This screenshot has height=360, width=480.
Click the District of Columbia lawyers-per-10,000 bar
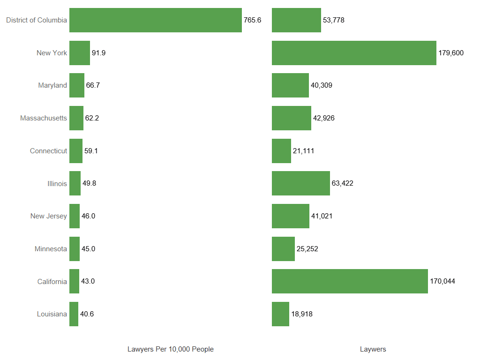(x=156, y=20)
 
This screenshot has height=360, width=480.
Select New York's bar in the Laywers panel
(x=354, y=53)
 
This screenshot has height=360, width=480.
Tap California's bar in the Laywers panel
(x=350, y=281)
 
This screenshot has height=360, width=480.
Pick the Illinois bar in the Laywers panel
(x=301, y=183)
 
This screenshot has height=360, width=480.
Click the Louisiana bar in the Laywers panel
(x=280, y=314)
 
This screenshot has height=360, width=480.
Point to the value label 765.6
(x=252, y=20)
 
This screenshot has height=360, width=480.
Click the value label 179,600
(x=451, y=53)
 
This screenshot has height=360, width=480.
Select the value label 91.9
(x=98, y=53)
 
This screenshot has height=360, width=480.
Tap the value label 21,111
(x=303, y=151)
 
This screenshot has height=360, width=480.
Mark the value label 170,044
(x=442, y=281)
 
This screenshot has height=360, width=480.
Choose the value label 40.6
(x=87, y=314)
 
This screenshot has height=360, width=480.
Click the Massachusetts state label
(x=44, y=118)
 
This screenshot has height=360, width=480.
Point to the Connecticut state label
(x=48, y=151)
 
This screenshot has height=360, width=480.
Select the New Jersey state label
(x=49, y=216)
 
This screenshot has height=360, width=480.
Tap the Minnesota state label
(x=51, y=249)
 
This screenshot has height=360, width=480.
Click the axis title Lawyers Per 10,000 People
(x=171, y=349)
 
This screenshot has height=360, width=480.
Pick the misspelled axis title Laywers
(x=373, y=349)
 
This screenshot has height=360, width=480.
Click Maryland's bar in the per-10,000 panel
(x=77, y=85)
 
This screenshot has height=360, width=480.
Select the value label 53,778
(x=334, y=20)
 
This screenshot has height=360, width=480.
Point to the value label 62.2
(x=92, y=118)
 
